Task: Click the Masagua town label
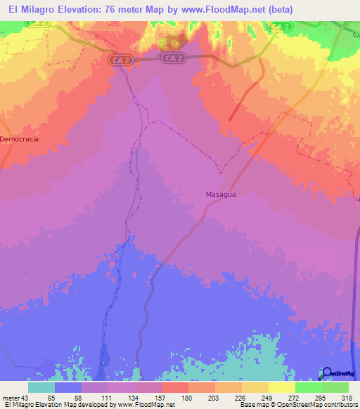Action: point(220,193)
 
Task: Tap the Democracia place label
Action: point(18,139)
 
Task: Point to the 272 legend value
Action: point(295,398)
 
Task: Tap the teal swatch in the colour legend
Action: point(41,387)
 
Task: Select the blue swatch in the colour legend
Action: point(68,387)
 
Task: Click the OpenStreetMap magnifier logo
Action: point(327,373)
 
